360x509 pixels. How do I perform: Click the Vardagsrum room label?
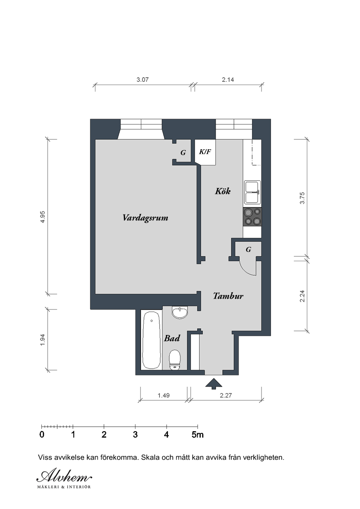[145, 218]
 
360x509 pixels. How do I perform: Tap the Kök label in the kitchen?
[223, 191]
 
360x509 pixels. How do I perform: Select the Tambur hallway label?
[228, 296]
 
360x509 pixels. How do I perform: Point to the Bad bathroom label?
[172, 338]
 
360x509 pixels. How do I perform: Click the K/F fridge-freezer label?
[205, 152]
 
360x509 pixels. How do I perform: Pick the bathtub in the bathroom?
[151, 340]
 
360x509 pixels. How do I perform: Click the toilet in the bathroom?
[175, 360]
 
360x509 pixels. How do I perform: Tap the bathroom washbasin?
[180, 313]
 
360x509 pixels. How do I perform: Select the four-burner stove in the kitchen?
[252, 217]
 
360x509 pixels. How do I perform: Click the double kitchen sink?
[252, 192]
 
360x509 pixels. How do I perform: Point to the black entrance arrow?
[214, 384]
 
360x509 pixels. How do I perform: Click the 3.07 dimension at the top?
[142, 80]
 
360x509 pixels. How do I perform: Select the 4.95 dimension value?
[43, 217]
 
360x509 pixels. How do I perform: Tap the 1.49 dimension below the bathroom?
[163, 395]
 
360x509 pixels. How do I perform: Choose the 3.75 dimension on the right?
[302, 198]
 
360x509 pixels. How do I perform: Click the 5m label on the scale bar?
[198, 434]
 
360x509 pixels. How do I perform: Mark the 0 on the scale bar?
[41, 434]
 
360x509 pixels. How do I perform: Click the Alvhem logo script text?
[64, 476]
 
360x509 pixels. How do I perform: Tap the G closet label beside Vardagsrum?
[183, 152]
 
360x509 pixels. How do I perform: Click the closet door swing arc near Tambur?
[248, 269]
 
